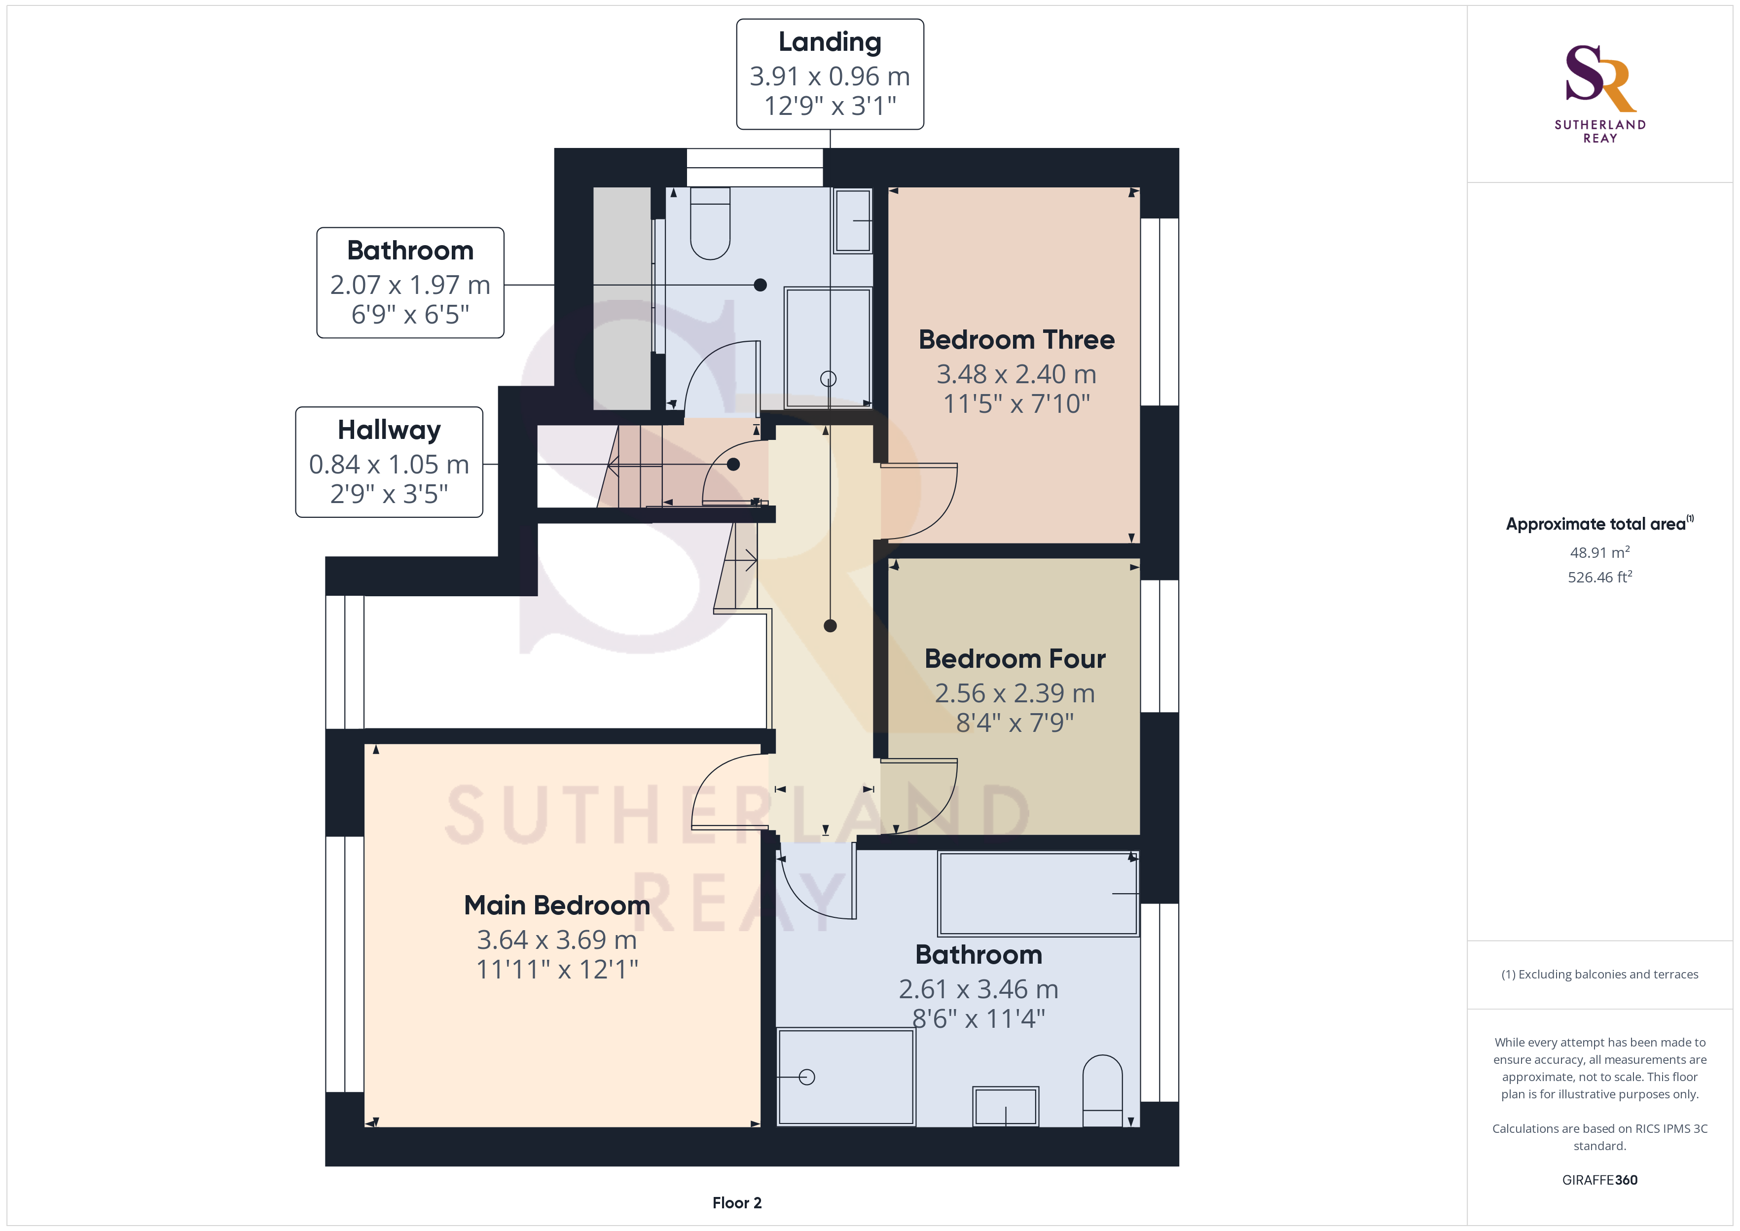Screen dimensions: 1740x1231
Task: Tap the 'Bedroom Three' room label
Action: (1016, 340)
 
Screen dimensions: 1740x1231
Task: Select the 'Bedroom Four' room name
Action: (1015, 659)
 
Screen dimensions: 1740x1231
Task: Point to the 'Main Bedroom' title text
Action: (557, 905)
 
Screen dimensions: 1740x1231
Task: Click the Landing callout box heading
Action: (830, 42)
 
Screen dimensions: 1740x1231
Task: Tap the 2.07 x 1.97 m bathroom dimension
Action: (410, 285)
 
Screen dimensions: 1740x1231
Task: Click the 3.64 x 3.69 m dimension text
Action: (557, 940)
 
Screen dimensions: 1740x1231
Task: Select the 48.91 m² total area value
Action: (1600, 552)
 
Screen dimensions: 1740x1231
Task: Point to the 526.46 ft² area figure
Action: (1600, 577)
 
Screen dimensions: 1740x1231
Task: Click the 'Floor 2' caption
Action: (737, 1203)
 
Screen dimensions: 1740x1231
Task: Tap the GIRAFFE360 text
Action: (1600, 1180)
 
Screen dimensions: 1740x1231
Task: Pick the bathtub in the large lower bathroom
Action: (1038, 894)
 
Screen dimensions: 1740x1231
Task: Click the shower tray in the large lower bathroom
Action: (846, 1076)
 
